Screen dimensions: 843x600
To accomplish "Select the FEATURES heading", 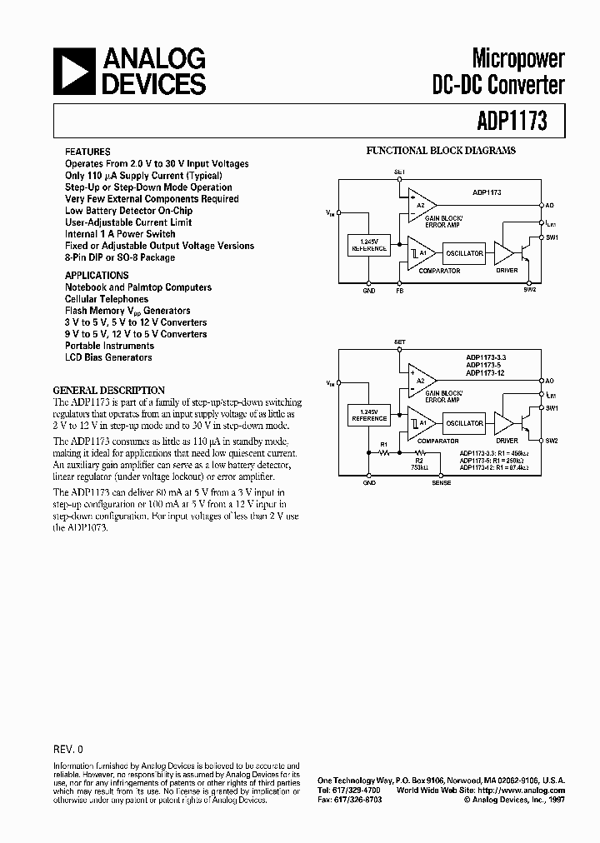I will pyautogui.click(x=87, y=152).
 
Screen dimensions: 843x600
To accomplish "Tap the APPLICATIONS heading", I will pyautogui.click(x=97, y=276).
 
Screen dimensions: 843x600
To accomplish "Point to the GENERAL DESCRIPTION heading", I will pyautogui.click(x=109, y=390).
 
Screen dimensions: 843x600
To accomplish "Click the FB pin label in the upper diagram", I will pyautogui.click(x=399, y=291).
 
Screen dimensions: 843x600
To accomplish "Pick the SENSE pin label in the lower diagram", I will pyautogui.click(x=442, y=482).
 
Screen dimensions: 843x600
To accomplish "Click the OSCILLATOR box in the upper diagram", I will pyautogui.click(x=464, y=253).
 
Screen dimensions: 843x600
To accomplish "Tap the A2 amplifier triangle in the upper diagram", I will pyautogui.click(x=419, y=204).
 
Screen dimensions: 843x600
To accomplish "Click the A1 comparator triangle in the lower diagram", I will pyautogui.click(x=419, y=423).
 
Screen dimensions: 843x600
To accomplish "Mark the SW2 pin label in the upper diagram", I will pyautogui.click(x=530, y=290).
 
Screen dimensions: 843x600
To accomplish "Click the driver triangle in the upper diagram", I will pyautogui.click(x=504, y=253).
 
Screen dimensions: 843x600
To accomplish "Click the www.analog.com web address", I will pyautogui.click(x=533, y=790).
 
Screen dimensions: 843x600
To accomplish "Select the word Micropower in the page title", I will pyautogui.click(x=518, y=58).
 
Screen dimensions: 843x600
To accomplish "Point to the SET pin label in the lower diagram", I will pyautogui.click(x=399, y=341).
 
